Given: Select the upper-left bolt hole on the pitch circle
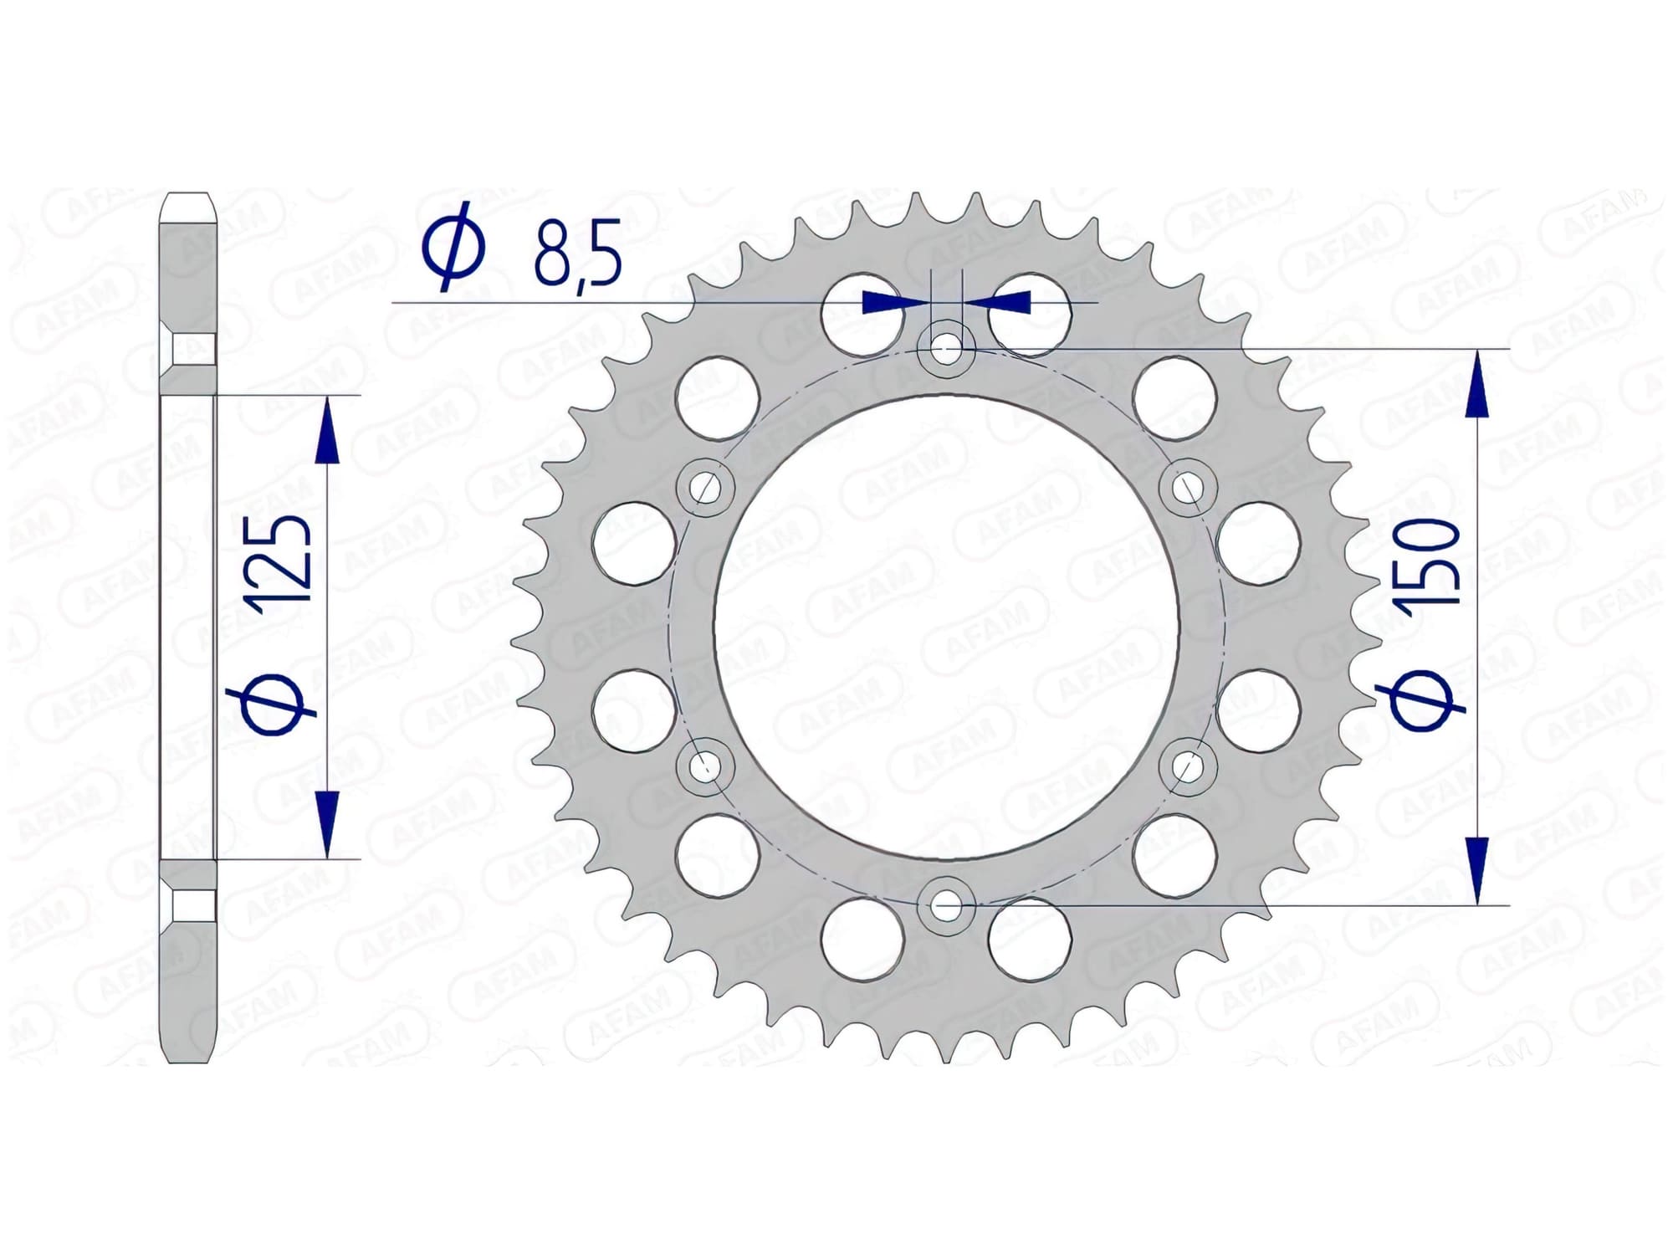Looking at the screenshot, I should tap(705, 486).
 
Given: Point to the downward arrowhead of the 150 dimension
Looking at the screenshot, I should tap(1479, 870).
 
